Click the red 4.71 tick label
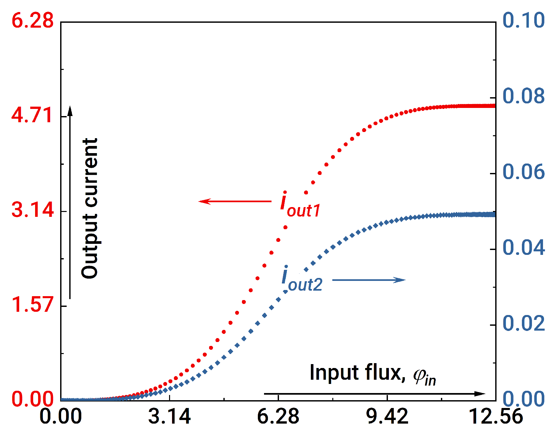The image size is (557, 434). (32, 115)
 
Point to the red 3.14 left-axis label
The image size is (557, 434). (33, 210)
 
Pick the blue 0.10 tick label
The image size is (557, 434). (524, 20)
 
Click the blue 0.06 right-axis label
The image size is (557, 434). (524, 172)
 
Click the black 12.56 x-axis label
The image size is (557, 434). (496, 416)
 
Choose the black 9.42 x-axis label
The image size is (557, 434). (387, 416)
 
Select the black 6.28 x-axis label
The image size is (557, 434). (278, 416)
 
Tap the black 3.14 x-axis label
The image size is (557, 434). (169, 416)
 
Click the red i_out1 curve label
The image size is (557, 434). (300, 205)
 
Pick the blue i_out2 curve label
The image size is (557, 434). (301, 280)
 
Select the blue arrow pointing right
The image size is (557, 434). (369, 280)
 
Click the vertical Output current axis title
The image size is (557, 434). (90, 208)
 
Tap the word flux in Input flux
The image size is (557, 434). (383, 372)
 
